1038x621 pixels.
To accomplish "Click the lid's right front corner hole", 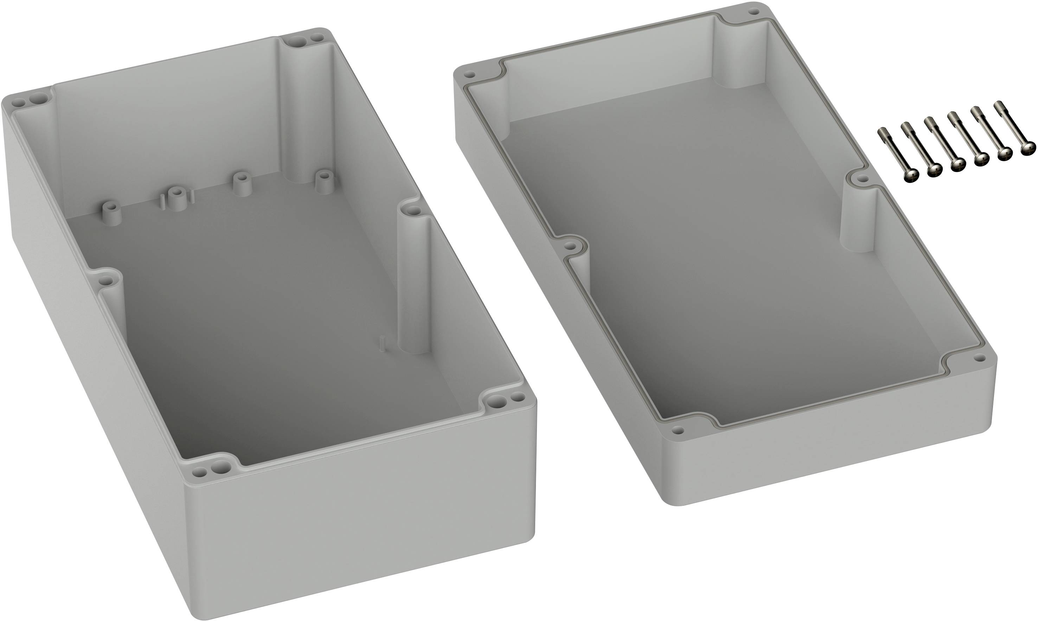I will [979, 357].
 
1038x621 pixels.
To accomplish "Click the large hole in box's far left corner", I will [40, 99].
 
